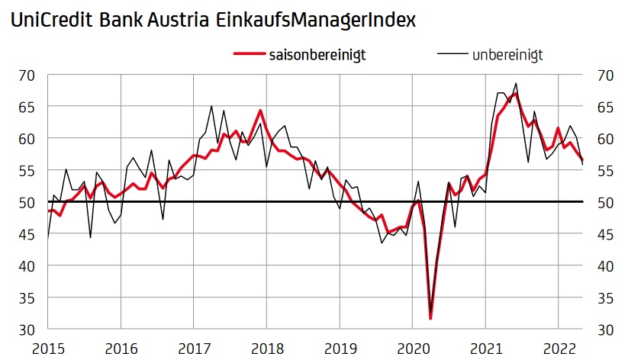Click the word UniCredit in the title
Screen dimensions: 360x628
pyautogui.click(x=50, y=21)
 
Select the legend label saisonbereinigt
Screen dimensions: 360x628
pyautogui.click(x=318, y=54)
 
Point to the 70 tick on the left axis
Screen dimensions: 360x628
pyautogui.click(x=27, y=76)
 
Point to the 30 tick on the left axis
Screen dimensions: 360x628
pyautogui.click(x=27, y=329)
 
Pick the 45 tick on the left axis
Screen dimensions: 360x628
pyautogui.click(x=27, y=234)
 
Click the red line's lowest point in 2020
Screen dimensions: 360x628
pyautogui.click(x=430, y=318)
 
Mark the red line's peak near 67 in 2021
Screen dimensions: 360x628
pyautogui.click(x=516, y=93)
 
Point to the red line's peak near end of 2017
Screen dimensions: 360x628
pyautogui.click(x=260, y=111)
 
